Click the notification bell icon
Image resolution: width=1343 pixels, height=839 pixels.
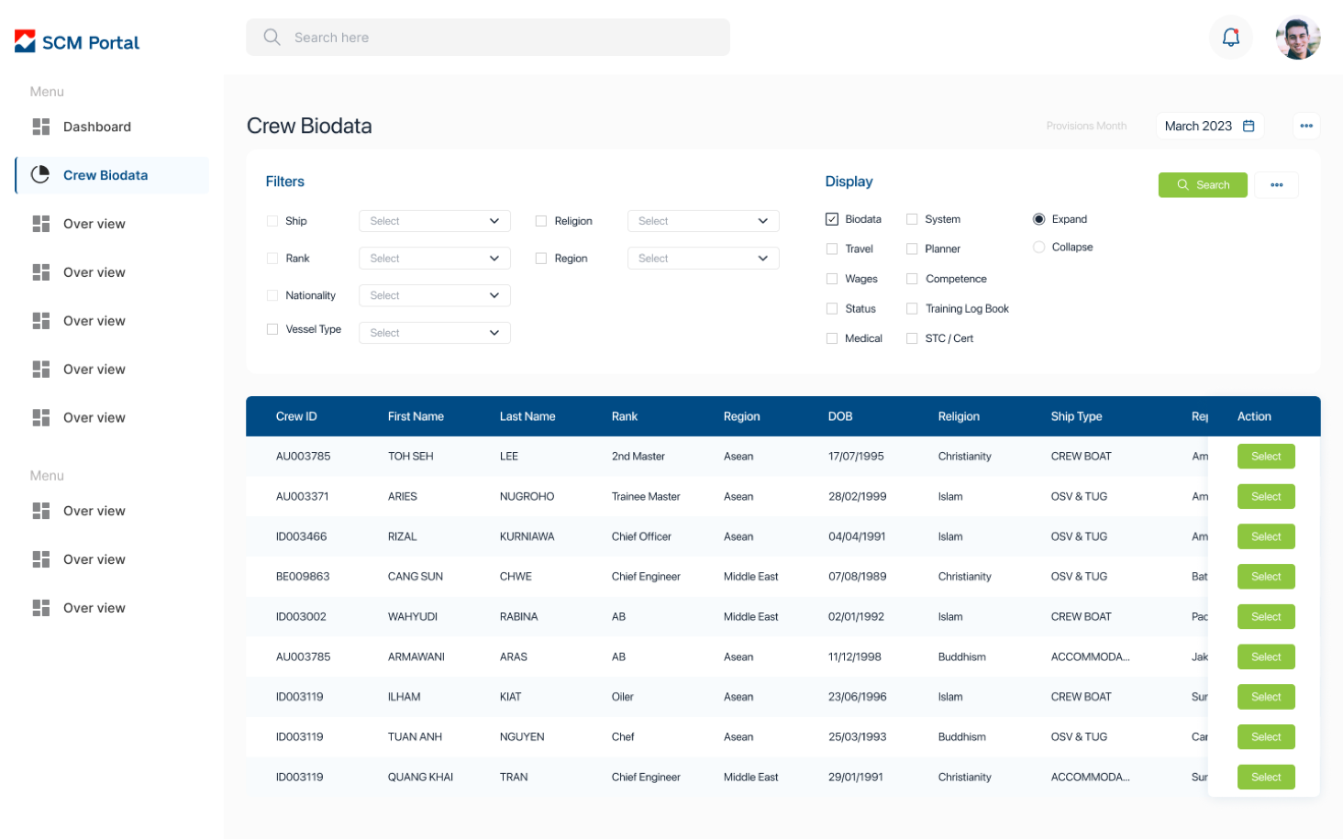[1231, 38]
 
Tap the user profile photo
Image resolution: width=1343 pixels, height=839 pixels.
[1298, 38]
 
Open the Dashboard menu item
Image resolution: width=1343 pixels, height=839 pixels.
[96, 127]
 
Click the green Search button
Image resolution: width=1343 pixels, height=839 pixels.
[1203, 185]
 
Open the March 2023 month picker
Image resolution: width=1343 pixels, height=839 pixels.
[1209, 127]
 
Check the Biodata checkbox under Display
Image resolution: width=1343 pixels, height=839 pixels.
[832, 219]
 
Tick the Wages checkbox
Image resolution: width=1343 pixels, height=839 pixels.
[832, 279]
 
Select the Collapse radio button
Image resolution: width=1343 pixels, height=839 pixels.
[1039, 248]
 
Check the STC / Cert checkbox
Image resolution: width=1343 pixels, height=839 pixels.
[912, 338]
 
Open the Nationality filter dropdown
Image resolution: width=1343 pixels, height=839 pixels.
[434, 295]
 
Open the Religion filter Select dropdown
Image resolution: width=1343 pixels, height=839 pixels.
[703, 221]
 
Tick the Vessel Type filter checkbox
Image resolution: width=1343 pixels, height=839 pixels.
[272, 329]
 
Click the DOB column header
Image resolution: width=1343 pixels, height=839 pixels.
[840, 416]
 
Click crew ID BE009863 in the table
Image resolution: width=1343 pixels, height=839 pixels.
[303, 577]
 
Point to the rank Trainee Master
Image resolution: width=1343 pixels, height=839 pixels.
[646, 497]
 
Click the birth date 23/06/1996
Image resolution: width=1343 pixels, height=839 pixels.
[857, 697]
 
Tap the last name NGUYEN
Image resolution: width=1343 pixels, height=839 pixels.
[522, 737]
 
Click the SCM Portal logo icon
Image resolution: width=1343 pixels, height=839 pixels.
[26, 42]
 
